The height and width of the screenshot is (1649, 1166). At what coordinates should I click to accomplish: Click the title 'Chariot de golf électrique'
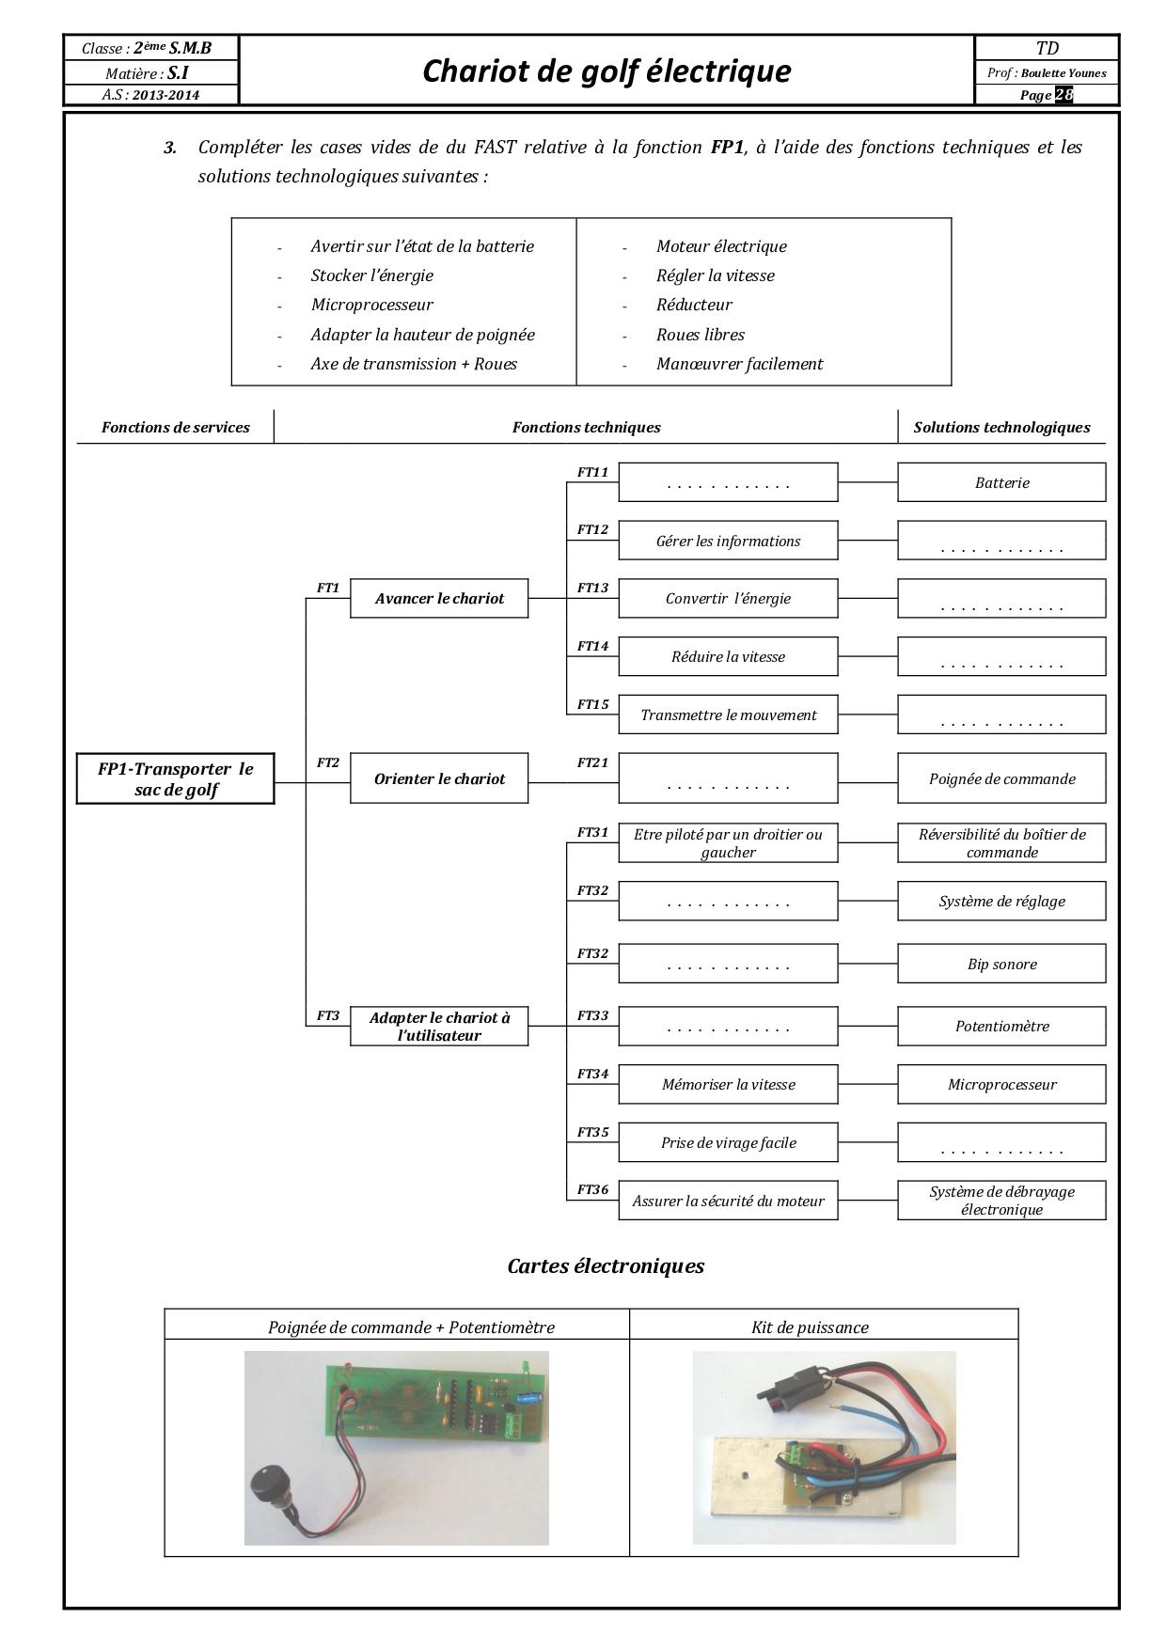[607, 71]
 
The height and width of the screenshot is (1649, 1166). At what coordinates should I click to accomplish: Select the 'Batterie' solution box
[1001, 482]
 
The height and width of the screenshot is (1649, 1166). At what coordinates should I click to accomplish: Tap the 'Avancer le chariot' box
[439, 598]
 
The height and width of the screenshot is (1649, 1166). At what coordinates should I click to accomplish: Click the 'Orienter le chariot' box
[439, 778]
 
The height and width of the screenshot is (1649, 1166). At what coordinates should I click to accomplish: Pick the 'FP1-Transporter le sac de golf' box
[176, 778]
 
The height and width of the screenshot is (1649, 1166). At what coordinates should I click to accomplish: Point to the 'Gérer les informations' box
[728, 541]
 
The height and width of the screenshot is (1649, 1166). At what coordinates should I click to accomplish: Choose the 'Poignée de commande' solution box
[1001, 778]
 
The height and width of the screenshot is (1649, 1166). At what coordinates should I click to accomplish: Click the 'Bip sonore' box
[1001, 964]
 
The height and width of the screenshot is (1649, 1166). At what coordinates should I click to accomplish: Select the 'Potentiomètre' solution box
[1001, 1026]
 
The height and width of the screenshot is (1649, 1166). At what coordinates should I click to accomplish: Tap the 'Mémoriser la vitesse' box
[728, 1084]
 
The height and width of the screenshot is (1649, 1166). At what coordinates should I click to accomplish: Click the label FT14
[592, 646]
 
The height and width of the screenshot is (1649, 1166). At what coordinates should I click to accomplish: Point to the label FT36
[592, 1189]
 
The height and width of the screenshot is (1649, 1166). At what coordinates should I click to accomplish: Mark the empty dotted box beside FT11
[728, 482]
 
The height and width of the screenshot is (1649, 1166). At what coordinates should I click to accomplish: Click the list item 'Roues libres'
[701, 335]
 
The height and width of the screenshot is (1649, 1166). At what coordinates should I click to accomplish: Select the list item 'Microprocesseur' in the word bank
[372, 305]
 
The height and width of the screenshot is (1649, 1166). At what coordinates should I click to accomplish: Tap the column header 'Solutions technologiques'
[1001, 427]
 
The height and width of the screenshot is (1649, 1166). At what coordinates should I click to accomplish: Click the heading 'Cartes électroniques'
[606, 1265]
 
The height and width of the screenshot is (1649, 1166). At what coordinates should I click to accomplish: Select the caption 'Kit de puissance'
[810, 1327]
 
